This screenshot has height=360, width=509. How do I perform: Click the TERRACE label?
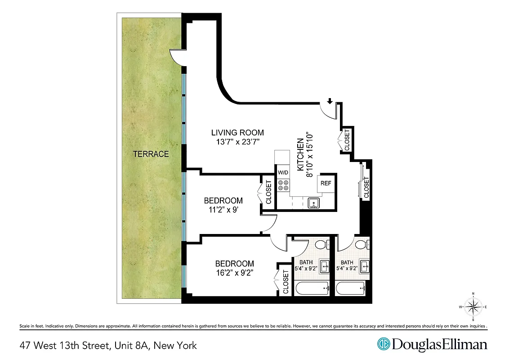tap(151, 154)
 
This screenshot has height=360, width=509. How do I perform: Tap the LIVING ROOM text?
tap(237, 133)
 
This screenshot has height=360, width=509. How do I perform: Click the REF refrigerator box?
tap(326, 183)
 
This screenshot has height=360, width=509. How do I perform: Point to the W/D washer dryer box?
tap(283, 172)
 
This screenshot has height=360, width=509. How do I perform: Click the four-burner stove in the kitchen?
tap(283, 185)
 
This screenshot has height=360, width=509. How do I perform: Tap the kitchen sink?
tap(313, 203)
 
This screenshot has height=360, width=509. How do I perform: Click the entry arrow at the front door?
tap(330, 101)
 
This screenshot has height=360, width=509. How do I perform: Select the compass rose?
tap(473, 307)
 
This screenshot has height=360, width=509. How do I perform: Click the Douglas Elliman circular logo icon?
tap(384, 344)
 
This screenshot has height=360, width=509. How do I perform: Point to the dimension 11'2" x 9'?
tap(223, 209)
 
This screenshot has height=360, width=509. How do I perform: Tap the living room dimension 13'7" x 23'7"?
tap(237, 142)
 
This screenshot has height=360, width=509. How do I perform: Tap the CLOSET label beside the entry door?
tap(347, 140)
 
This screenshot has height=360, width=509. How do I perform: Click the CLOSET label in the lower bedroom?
tap(286, 282)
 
